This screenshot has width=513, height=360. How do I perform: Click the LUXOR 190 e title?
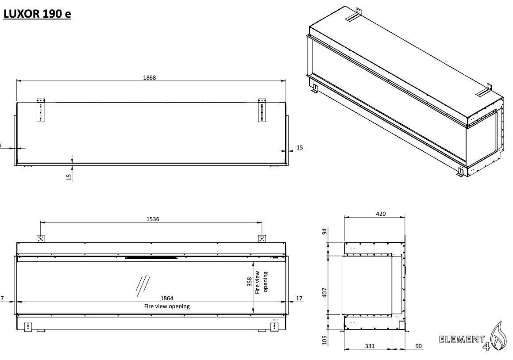[x=37, y=14]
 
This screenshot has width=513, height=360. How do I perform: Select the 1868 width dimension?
[x=150, y=77]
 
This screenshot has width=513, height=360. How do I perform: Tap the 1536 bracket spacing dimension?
[x=152, y=219]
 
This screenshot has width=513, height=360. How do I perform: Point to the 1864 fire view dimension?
[x=167, y=299]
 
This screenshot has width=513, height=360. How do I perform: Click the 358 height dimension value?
[x=250, y=282]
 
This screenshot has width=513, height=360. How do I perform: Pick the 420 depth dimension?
[x=381, y=214]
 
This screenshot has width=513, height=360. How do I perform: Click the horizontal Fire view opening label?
[x=167, y=306]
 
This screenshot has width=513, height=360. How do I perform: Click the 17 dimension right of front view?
[x=299, y=299]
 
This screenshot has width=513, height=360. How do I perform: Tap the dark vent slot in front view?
[x=151, y=257]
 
